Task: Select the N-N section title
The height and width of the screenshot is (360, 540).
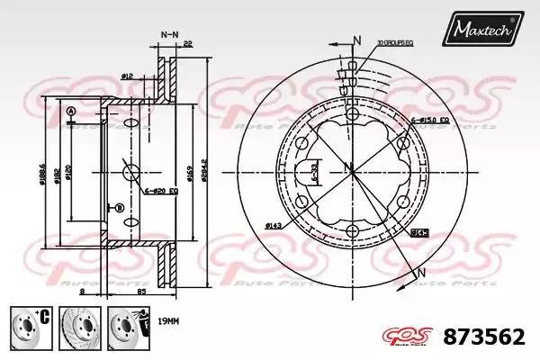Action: (x=168, y=34)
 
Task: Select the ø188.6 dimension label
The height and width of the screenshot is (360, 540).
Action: (x=42, y=171)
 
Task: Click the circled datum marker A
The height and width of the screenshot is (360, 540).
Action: (x=69, y=111)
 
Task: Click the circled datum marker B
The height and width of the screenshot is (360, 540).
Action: (x=118, y=208)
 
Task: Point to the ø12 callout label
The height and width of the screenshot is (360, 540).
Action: (x=128, y=77)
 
